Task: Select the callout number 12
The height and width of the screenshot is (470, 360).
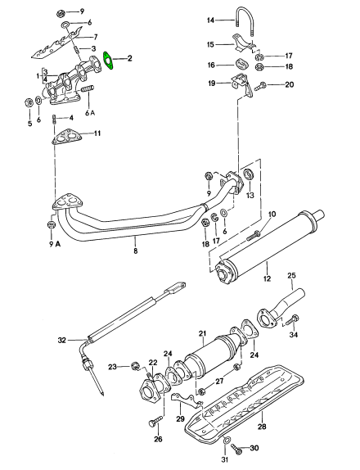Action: tap(267, 278)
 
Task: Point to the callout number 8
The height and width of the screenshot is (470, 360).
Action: tap(135, 251)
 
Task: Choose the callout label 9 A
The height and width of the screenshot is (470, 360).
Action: tap(54, 244)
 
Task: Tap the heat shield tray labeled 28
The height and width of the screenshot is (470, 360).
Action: tap(244, 404)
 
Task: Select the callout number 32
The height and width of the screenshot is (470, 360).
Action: tap(61, 340)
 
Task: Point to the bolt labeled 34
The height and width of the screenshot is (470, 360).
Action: tap(291, 320)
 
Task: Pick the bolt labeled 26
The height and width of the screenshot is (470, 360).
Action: tap(155, 420)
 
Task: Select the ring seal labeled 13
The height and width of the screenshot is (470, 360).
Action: tap(249, 174)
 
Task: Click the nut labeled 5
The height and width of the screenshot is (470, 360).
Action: tap(29, 103)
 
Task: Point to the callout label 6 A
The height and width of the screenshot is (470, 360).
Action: tap(90, 113)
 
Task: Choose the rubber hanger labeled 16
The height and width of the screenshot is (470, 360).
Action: tap(241, 64)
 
